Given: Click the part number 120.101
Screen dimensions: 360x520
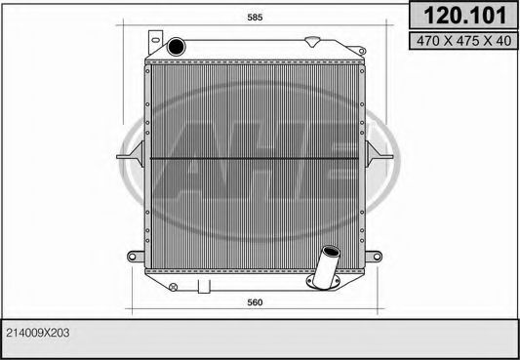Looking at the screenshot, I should (461, 16).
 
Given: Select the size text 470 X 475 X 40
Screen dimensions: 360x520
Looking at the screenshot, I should (461, 40).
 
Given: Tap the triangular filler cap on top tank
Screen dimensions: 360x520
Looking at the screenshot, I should (313, 42).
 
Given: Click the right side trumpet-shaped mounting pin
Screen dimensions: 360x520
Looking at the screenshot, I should (376, 155).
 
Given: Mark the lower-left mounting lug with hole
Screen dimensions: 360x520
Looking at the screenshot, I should (136, 258).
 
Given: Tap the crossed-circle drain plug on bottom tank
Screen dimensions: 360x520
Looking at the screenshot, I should (173, 286).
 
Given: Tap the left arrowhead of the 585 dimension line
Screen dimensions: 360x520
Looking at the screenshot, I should (123, 25).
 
